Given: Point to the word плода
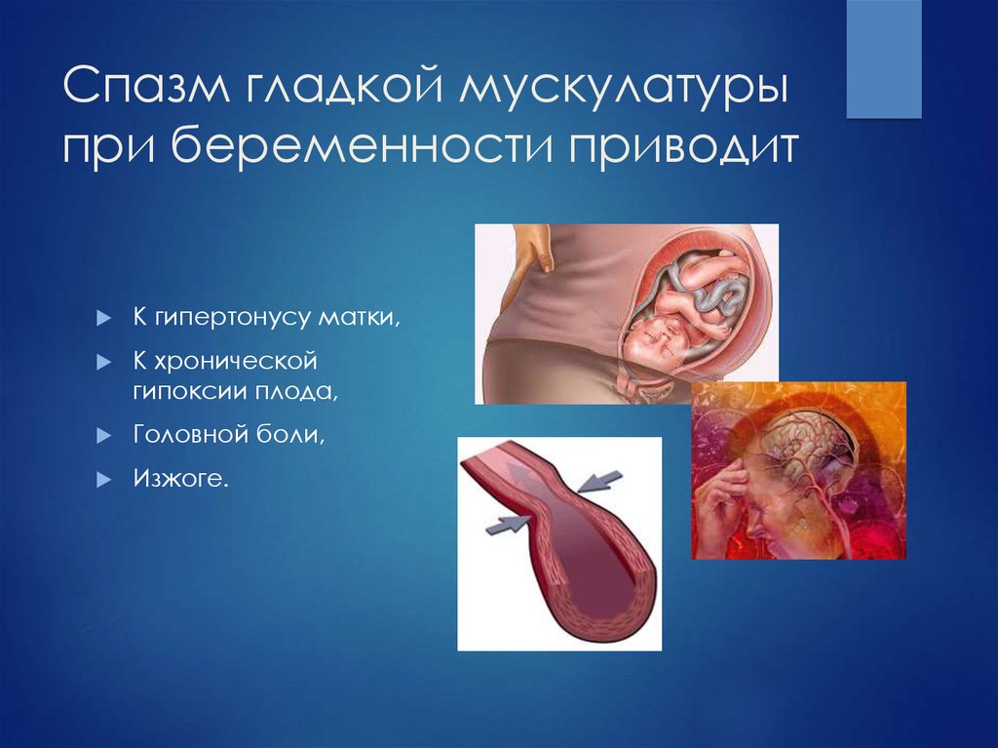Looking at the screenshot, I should pyautogui.click(x=293, y=392).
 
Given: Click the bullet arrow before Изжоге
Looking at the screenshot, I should pyautogui.click(x=104, y=480).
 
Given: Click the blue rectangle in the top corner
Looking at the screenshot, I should pyautogui.click(x=883, y=59).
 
